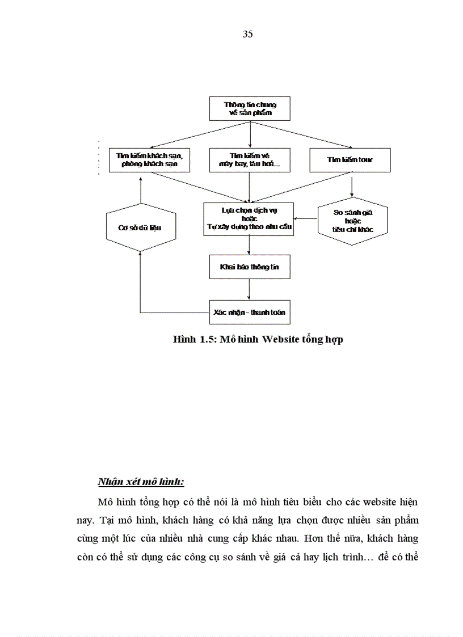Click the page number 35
247,34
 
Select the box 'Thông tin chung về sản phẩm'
250,108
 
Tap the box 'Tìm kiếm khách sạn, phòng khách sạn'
149,160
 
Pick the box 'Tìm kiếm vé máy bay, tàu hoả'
250,160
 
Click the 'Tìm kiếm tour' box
350,160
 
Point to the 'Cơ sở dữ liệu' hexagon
140,227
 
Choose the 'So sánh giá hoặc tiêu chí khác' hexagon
352,221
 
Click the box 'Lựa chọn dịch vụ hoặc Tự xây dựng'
249,219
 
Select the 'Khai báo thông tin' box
250,266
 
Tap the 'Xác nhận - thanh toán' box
250,312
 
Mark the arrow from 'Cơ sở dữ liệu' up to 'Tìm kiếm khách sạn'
140,189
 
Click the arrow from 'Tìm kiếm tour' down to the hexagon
352,184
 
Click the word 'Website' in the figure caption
275,340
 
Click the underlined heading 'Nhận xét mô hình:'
141,482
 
